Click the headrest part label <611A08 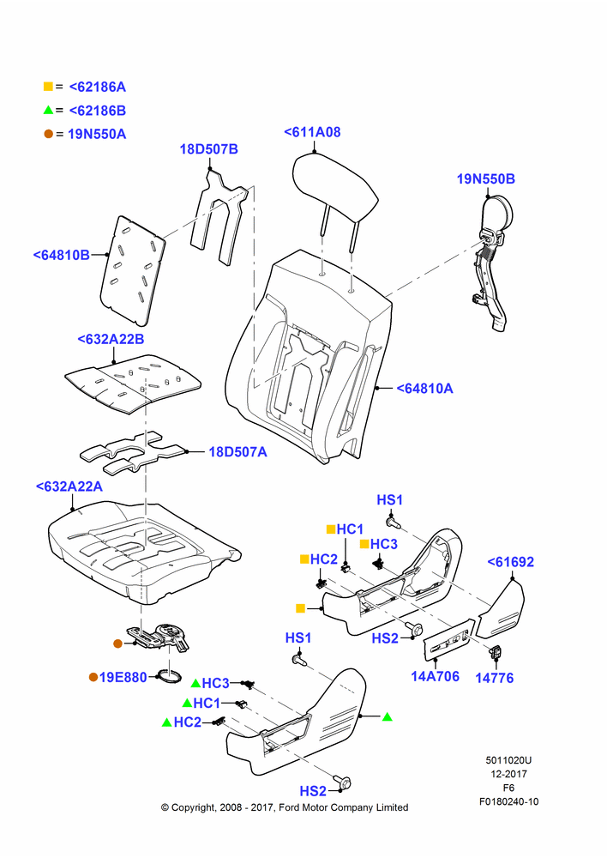312,132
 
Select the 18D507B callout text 209,148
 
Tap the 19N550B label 485,179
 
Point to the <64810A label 425,389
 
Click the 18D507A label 237,452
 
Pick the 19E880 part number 123,678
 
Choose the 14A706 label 436,676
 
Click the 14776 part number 495,678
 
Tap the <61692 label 511,562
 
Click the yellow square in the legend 48,87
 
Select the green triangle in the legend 48,110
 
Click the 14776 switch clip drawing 497,652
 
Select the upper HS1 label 390,499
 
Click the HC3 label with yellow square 384,544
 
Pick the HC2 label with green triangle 188,722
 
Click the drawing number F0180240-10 509,801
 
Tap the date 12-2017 508,774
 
